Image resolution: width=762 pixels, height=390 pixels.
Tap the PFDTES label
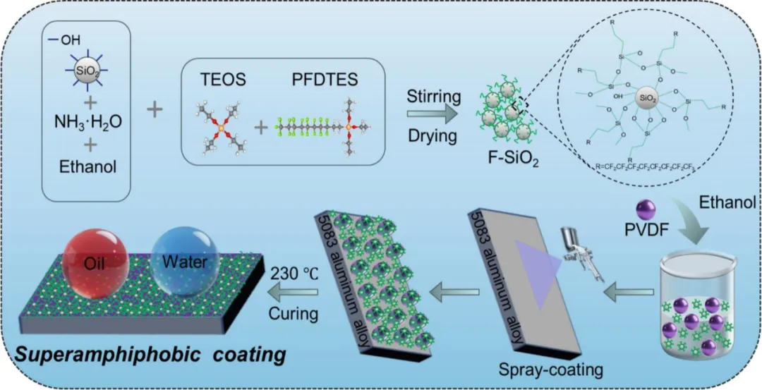[x=323, y=80]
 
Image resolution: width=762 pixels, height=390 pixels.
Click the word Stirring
[x=433, y=95]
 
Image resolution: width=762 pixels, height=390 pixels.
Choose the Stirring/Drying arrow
[x=433, y=114]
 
